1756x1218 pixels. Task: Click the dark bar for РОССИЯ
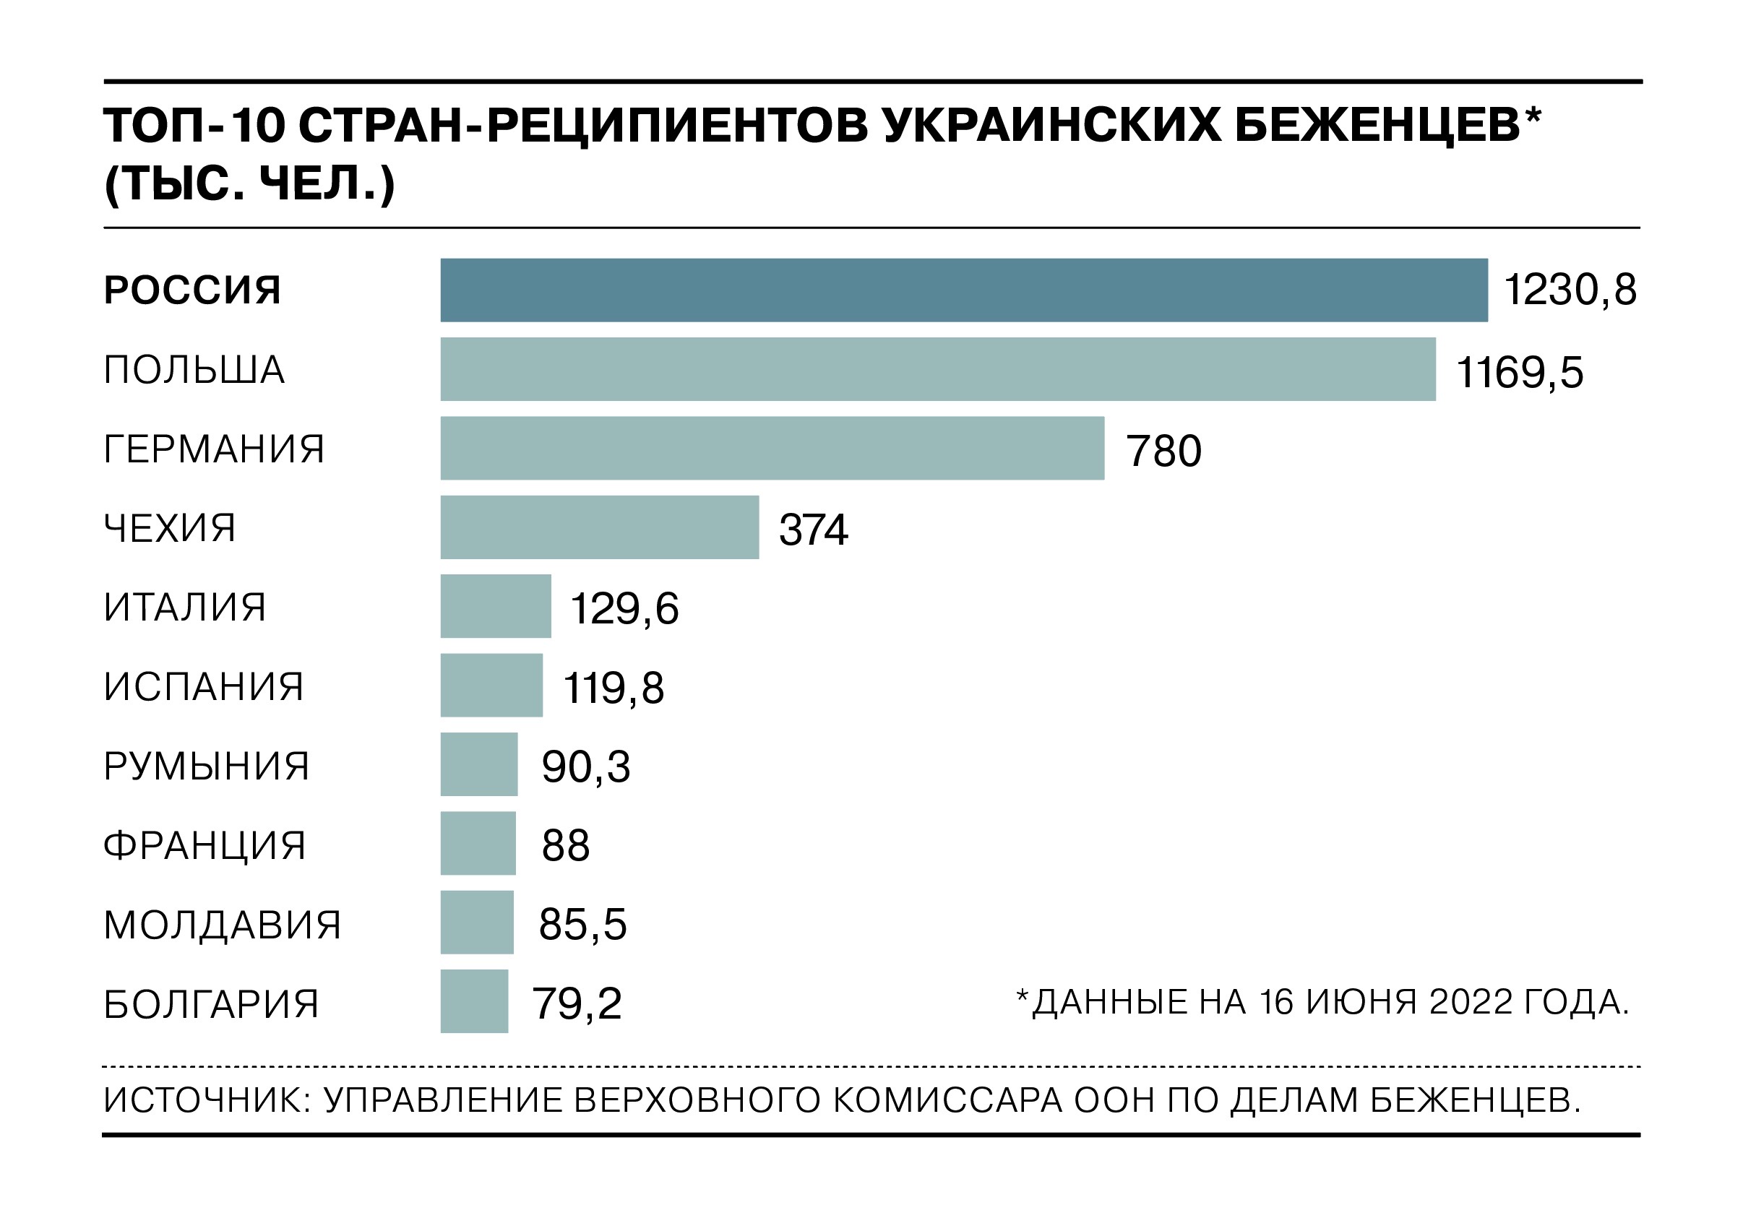pyautogui.click(x=963, y=290)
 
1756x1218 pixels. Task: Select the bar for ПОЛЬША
pyautogui.click(x=937, y=369)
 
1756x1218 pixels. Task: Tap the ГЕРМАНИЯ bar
pyautogui.click(x=772, y=448)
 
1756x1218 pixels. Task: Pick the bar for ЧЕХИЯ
pyautogui.click(x=599, y=527)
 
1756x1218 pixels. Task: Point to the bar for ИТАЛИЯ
pyautogui.click(x=495, y=606)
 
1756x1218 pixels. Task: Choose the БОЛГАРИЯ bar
pyautogui.click(x=474, y=1001)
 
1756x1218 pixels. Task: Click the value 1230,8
pyautogui.click(x=1570, y=290)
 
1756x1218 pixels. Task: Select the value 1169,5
pyautogui.click(x=1520, y=373)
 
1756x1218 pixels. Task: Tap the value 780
pyautogui.click(x=1163, y=450)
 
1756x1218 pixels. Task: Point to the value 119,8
pyautogui.click(x=613, y=688)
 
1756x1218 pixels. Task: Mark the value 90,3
pyautogui.click(x=585, y=767)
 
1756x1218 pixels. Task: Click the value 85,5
pyautogui.click(x=582, y=924)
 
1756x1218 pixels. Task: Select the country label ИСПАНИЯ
pyautogui.click(x=204, y=686)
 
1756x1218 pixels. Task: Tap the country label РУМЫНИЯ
pyautogui.click(x=206, y=766)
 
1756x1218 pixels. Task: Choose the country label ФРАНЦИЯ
pyautogui.click(x=205, y=845)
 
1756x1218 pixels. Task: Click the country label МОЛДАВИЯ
pyautogui.click(x=222, y=924)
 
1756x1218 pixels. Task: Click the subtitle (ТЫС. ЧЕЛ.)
pyautogui.click(x=249, y=184)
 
